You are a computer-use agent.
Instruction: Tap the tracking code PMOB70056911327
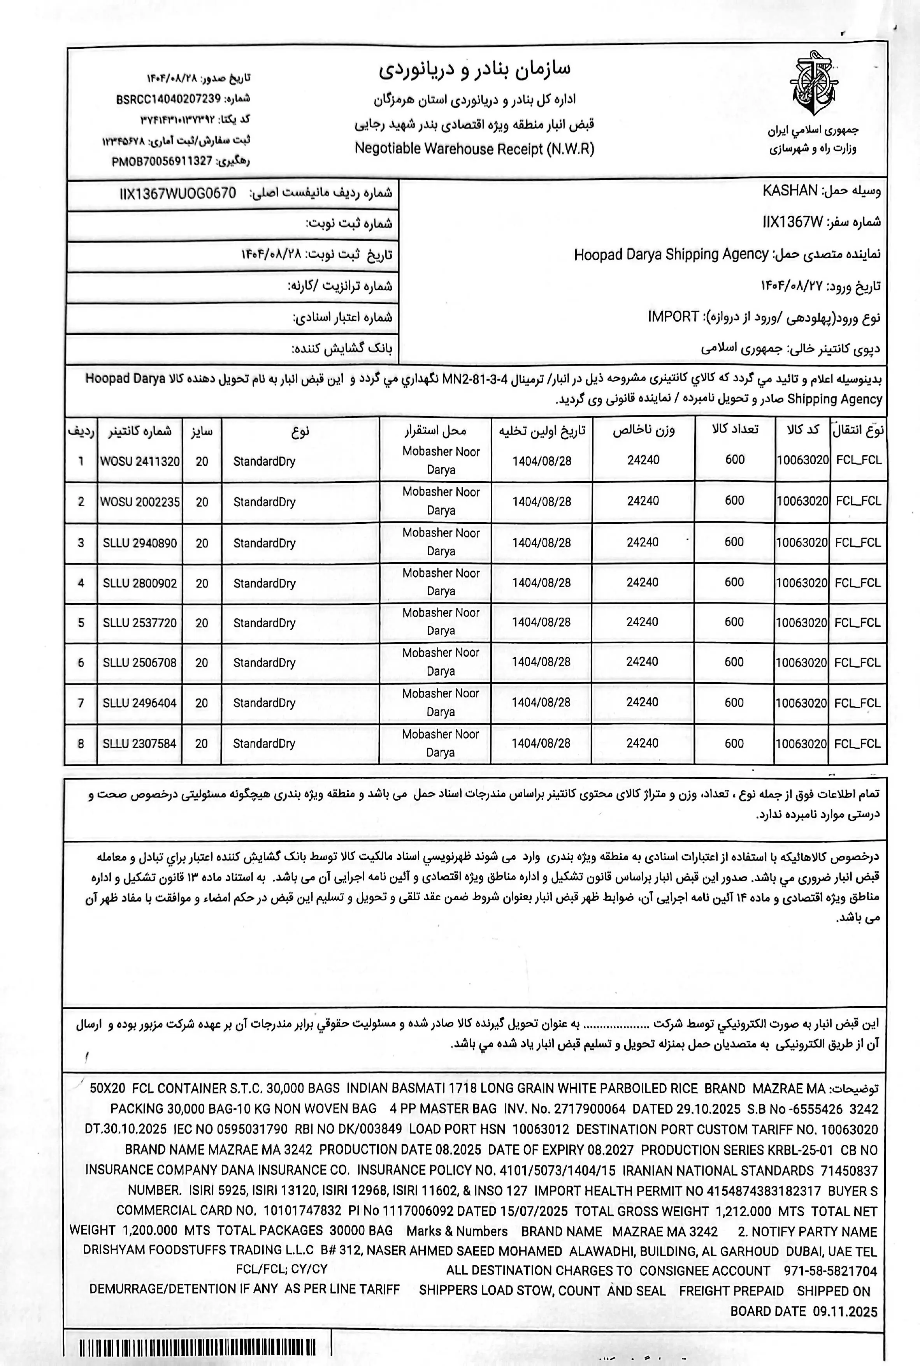[162, 161]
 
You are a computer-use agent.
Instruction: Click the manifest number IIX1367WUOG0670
[177, 193]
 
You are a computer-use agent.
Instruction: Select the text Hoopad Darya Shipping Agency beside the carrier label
[671, 254]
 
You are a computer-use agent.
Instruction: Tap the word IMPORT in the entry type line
[673, 317]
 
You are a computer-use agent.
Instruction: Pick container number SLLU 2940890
[140, 543]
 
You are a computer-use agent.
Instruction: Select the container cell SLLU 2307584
[140, 743]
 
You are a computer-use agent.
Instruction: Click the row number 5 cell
[81, 622]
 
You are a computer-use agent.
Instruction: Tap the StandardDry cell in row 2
[264, 502]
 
